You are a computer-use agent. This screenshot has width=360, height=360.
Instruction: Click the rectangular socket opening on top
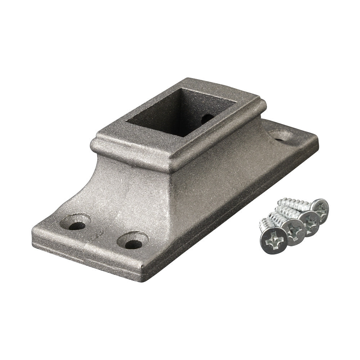click(x=180, y=112)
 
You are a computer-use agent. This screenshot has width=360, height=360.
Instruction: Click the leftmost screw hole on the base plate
click(x=76, y=225)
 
